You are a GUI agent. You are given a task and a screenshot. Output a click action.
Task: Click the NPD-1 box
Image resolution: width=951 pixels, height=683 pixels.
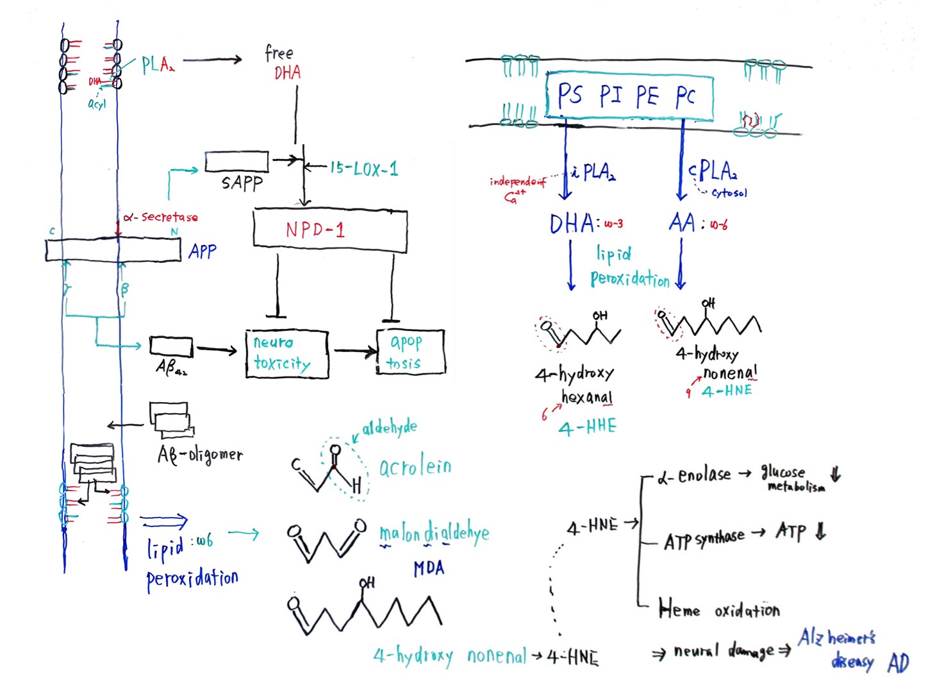pyautogui.click(x=329, y=230)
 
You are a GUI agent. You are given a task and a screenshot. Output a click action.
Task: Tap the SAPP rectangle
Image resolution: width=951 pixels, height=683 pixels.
pyautogui.click(x=236, y=162)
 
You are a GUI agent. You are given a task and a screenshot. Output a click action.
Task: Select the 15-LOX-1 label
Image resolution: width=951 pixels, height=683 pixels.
pyautogui.click(x=363, y=169)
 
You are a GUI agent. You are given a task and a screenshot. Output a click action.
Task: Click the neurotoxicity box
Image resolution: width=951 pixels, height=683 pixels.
pyautogui.click(x=286, y=353)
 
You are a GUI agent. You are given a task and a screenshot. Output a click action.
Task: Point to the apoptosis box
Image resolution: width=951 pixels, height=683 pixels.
pyautogui.click(x=409, y=352)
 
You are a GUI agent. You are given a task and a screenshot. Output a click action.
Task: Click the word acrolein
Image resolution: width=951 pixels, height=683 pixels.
pyautogui.click(x=415, y=467)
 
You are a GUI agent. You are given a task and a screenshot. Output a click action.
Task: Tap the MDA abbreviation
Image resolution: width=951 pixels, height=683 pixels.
pyautogui.click(x=429, y=568)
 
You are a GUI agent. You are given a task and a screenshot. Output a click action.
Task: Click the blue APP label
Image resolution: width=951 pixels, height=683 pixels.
pyautogui.click(x=203, y=251)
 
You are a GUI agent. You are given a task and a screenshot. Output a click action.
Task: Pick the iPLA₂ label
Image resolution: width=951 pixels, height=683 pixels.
pyautogui.click(x=593, y=172)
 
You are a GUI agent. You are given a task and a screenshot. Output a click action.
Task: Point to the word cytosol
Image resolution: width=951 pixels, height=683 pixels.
pyautogui.click(x=729, y=192)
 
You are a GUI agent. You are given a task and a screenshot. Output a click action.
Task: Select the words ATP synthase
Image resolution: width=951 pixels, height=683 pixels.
pyautogui.click(x=704, y=539)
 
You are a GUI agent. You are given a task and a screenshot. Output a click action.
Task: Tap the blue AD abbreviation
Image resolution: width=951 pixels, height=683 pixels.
pyautogui.click(x=898, y=663)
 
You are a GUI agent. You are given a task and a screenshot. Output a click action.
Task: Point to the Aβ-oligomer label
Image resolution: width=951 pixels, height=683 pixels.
pyautogui.click(x=200, y=455)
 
